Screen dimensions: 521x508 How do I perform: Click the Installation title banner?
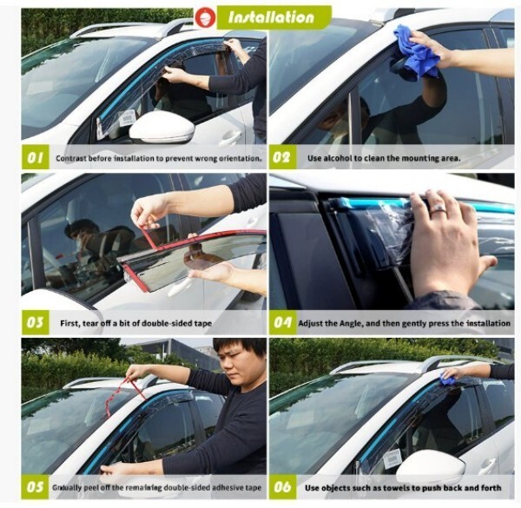click(274, 17)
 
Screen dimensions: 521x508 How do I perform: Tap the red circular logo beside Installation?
click(205, 17)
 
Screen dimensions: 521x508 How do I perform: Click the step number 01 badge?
click(36, 157)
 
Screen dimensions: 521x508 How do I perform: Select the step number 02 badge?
click(281, 157)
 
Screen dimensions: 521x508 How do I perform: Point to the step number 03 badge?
click(36, 322)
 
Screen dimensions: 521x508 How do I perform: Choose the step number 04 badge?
click(282, 322)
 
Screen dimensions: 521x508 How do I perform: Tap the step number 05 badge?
click(36, 487)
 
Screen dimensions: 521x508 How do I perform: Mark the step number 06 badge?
click(282, 487)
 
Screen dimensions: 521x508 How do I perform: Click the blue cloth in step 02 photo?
click(415, 53)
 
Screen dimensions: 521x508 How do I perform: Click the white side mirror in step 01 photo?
click(162, 127)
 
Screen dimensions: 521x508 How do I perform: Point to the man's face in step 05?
click(239, 362)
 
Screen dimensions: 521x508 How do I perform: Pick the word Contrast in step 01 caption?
click(69, 158)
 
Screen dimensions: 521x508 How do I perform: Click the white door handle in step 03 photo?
click(180, 287)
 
